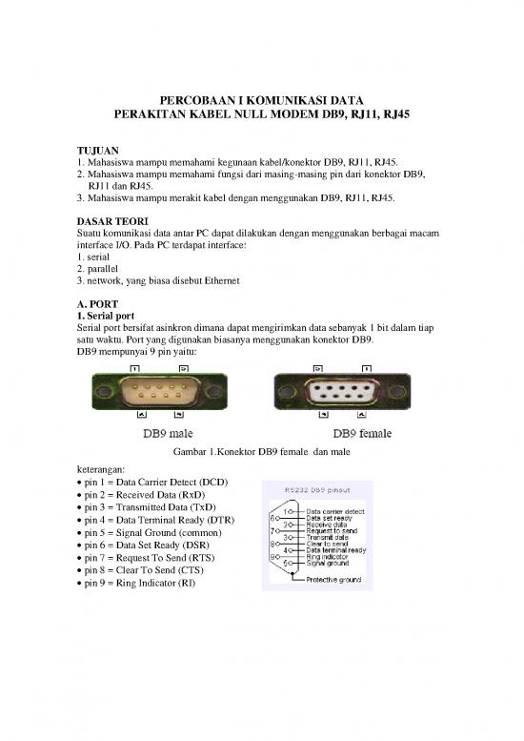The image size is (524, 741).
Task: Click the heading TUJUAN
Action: pos(98,150)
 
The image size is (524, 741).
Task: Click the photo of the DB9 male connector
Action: pos(157,389)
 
